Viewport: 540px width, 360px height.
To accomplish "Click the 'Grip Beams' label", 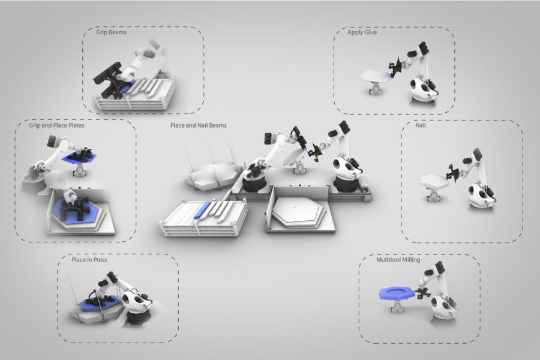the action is click(x=111, y=32).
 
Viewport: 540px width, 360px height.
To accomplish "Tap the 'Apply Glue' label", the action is click(x=362, y=32).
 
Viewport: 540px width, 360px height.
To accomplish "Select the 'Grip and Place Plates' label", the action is click(x=56, y=125).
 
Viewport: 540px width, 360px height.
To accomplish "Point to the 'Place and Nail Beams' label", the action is click(x=199, y=125).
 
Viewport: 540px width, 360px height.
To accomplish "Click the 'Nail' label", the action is click(x=420, y=125).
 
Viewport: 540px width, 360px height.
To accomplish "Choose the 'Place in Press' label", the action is click(x=89, y=259).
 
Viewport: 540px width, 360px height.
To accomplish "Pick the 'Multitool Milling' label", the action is click(x=398, y=259).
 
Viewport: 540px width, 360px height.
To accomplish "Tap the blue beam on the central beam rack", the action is click(x=202, y=209).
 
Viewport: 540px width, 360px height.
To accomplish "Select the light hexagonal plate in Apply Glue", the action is click(x=376, y=76).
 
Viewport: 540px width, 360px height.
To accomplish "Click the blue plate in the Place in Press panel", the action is click(x=100, y=303).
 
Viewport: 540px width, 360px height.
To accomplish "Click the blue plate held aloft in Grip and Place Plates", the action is click(x=79, y=157).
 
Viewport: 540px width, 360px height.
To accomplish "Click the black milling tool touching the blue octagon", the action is click(x=422, y=294).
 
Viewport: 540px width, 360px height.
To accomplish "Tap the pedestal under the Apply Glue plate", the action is click(x=376, y=88).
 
